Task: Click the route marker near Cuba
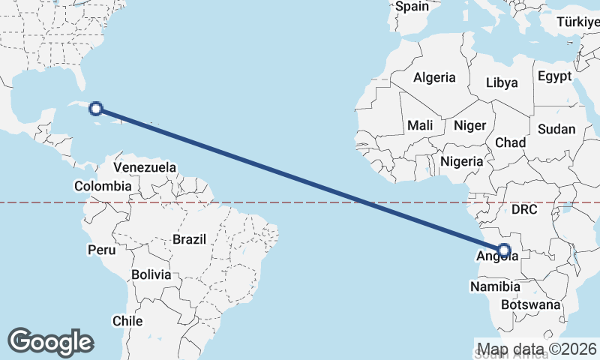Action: [96, 109]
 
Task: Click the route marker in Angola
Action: [504, 250]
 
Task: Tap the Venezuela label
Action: [145, 166]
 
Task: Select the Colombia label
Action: [103, 186]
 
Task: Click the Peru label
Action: [101, 249]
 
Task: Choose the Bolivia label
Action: [151, 274]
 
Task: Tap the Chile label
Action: [127, 320]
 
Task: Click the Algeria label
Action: [434, 77]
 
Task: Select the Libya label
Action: [502, 82]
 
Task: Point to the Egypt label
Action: [554, 76]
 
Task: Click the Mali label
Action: [420, 126]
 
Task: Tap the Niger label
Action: [470, 126]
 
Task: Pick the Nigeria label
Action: [462, 161]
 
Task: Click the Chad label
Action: [510, 142]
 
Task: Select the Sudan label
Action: [556, 129]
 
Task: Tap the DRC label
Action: [525, 210]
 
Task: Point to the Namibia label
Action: [495, 286]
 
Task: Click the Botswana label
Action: [530, 305]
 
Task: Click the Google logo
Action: [50, 342]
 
